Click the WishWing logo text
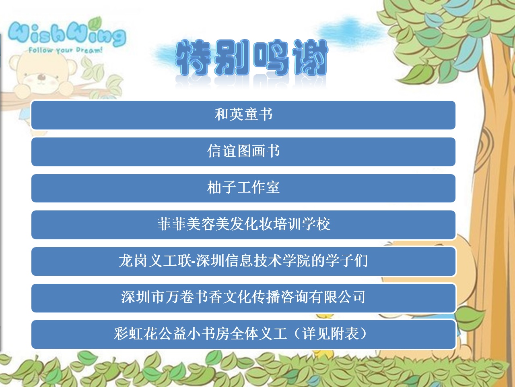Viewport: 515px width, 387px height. [67, 34]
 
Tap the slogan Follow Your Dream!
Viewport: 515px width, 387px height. [66, 50]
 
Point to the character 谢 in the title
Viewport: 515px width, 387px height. [310, 58]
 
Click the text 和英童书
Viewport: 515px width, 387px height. [243, 114]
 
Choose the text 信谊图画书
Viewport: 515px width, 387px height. [243, 151]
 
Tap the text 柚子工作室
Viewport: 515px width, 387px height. [243, 187]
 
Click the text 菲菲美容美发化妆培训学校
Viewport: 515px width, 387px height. [243, 224]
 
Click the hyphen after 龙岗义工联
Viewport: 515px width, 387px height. [194, 261]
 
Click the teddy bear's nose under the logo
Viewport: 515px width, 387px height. [42, 77]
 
